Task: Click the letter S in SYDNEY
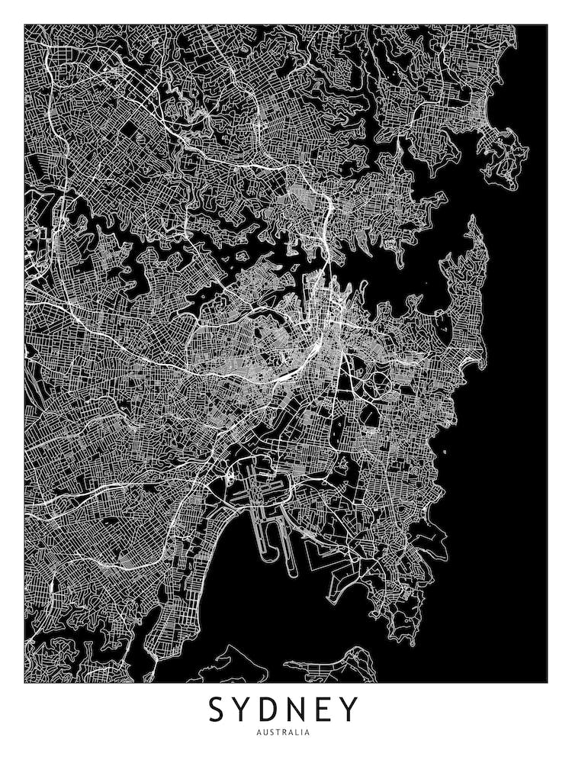[217, 710]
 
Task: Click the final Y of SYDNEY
[349, 710]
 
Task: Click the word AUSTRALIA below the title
[285, 732]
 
